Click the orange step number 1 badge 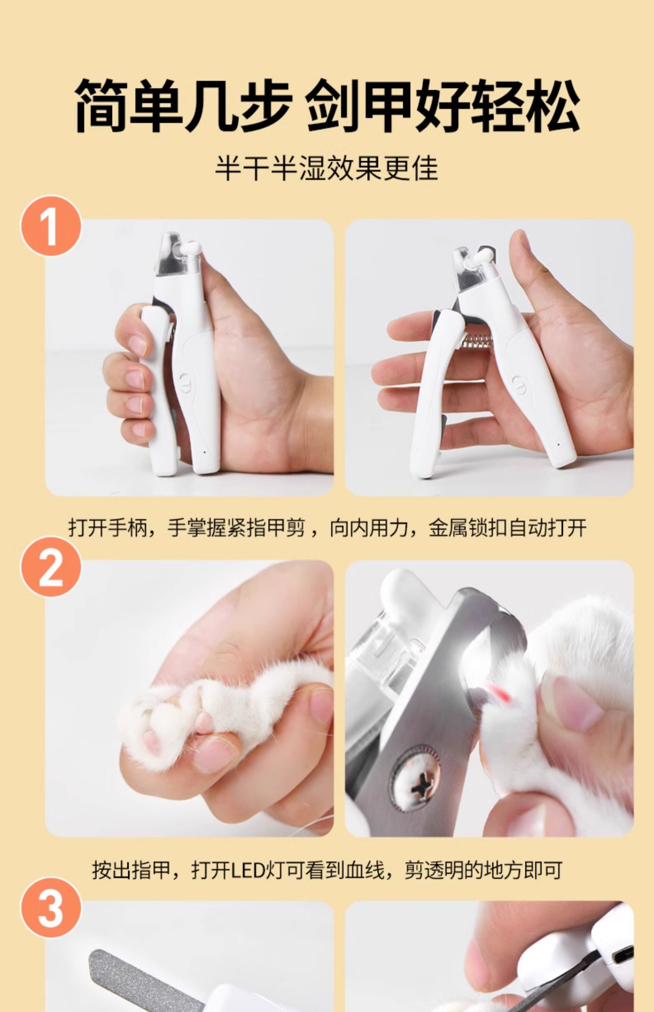pos(51,226)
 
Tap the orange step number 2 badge pos(51,567)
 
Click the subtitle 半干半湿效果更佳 pos(327,168)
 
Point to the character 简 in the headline pos(102,106)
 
